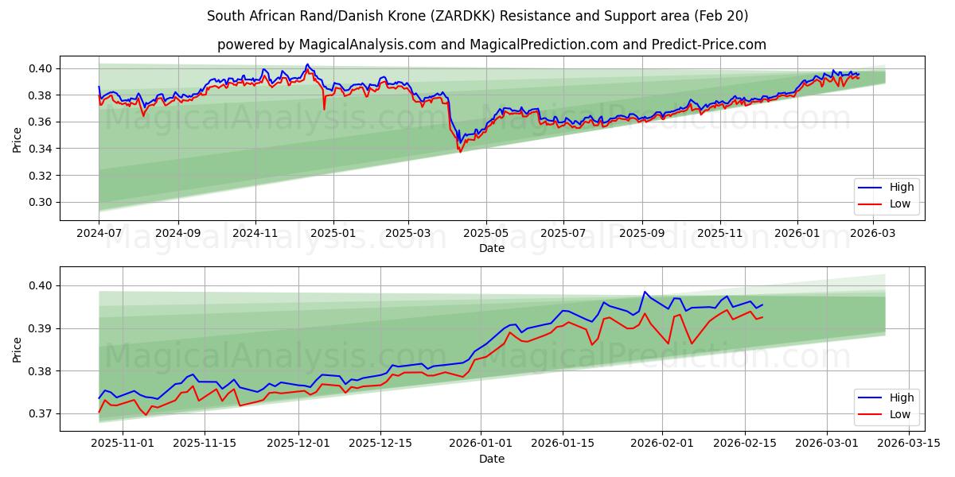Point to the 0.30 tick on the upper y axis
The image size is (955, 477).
[41, 202]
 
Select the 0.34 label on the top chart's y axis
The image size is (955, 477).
[41, 149]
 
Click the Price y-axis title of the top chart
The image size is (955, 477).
[18, 138]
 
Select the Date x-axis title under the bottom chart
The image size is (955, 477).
[491, 459]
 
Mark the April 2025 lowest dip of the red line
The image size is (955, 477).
[460, 152]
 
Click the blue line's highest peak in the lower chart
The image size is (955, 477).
[645, 292]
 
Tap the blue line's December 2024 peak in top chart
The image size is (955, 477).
[307, 64]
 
